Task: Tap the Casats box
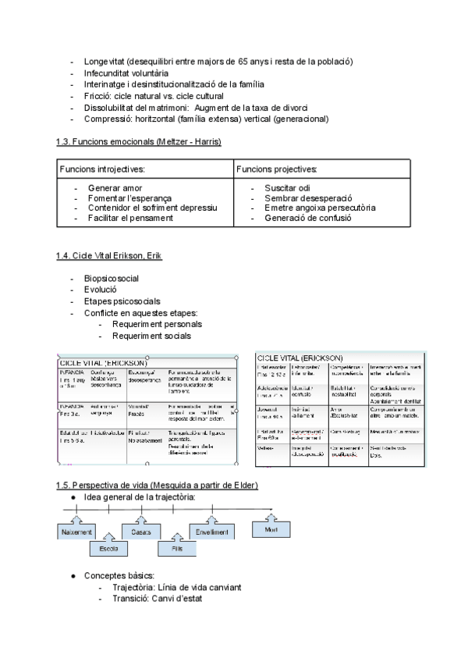click(141, 532)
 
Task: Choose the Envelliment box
click(212, 532)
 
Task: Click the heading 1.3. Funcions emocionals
click(139, 141)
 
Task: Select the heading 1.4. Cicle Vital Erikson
click(109, 256)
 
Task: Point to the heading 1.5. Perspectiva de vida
click(157, 485)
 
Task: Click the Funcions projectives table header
click(277, 169)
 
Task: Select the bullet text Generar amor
click(115, 189)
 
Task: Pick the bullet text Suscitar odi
click(286, 189)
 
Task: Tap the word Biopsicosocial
click(112, 278)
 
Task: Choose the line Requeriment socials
click(151, 336)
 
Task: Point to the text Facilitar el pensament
click(131, 219)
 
